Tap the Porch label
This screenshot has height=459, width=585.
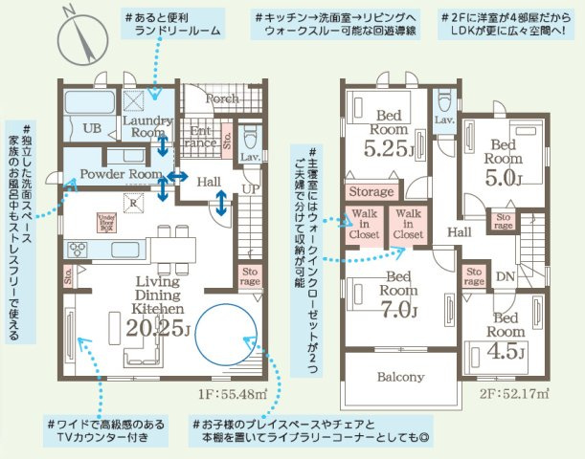click(222, 98)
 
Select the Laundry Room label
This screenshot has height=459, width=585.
click(147, 127)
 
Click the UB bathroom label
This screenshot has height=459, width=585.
click(92, 128)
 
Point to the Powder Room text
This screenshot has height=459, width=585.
click(120, 175)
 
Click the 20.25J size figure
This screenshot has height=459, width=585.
click(157, 329)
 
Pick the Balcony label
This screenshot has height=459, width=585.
click(401, 376)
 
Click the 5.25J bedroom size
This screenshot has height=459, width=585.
click(387, 149)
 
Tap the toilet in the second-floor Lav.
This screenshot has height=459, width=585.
click(444, 100)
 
